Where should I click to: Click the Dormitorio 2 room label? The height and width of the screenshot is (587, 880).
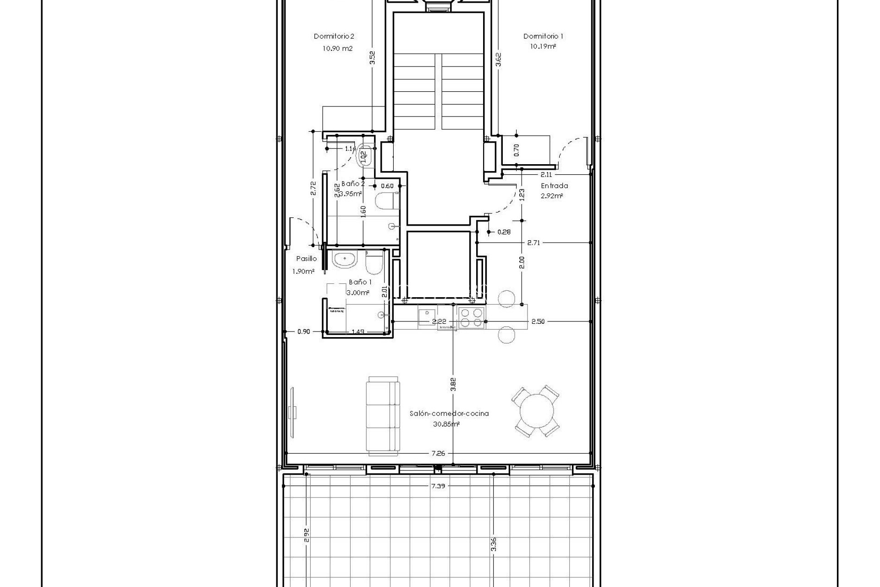[334, 36]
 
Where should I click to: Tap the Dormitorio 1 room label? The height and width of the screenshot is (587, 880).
[543, 36]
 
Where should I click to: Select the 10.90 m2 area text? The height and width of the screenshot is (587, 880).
[337, 48]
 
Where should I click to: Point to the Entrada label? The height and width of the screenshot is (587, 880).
[554, 186]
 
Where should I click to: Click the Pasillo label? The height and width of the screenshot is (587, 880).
[306, 259]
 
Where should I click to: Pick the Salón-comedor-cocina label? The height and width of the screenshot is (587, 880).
[449, 413]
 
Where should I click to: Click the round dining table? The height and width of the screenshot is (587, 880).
[535, 411]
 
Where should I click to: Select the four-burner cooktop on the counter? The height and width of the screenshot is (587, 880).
[471, 318]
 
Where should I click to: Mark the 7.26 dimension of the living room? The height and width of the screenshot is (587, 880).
[438, 466]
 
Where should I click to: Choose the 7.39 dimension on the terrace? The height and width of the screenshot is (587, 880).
[439, 498]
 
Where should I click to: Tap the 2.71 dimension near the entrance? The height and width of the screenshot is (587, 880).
[533, 243]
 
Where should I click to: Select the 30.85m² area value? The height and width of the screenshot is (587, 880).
[446, 425]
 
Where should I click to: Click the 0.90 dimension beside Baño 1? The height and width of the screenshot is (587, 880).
[303, 332]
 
